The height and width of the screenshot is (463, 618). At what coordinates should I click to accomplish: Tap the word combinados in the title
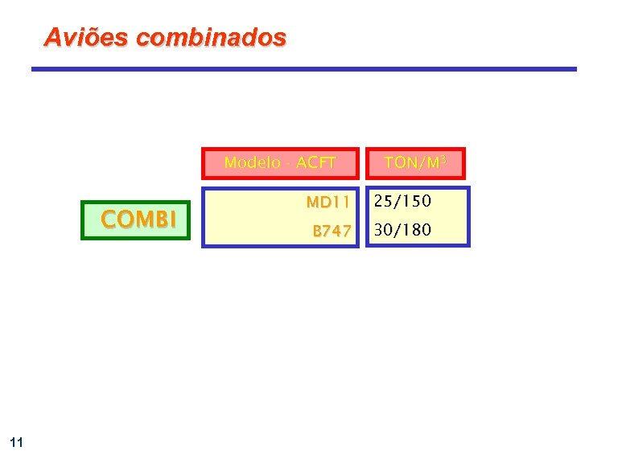pyautogui.click(x=211, y=37)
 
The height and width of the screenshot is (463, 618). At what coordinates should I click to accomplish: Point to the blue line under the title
pyautogui.click(x=304, y=69)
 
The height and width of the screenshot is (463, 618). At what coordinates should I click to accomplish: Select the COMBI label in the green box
pyautogui.click(x=138, y=219)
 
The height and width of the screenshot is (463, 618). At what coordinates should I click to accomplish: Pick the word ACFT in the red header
pyautogui.click(x=316, y=163)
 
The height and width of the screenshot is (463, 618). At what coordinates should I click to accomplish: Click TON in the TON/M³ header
pyautogui.click(x=400, y=163)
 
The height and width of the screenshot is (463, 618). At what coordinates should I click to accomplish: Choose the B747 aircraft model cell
pyautogui.click(x=332, y=231)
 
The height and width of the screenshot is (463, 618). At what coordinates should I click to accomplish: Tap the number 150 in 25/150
pyautogui.click(x=418, y=200)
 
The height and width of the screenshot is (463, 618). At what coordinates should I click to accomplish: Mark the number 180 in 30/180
pyautogui.click(x=418, y=231)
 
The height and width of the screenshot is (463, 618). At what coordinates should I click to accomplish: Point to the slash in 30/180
pyautogui.click(x=398, y=231)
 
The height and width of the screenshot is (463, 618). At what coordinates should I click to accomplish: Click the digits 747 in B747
pyautogui.click(x=337, y=231)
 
